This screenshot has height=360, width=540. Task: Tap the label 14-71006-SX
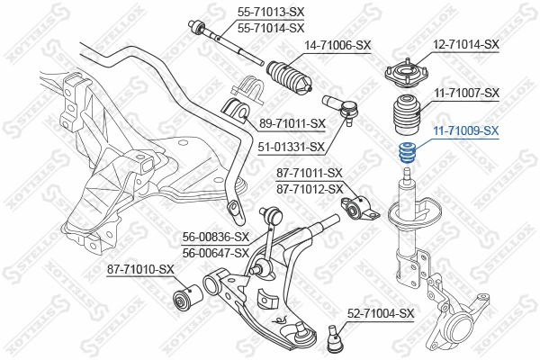337,44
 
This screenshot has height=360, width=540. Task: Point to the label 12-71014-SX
465,44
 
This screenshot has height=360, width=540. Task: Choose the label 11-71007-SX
465,93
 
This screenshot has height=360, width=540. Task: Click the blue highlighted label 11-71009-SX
465,130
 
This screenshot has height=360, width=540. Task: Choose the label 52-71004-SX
381,313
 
